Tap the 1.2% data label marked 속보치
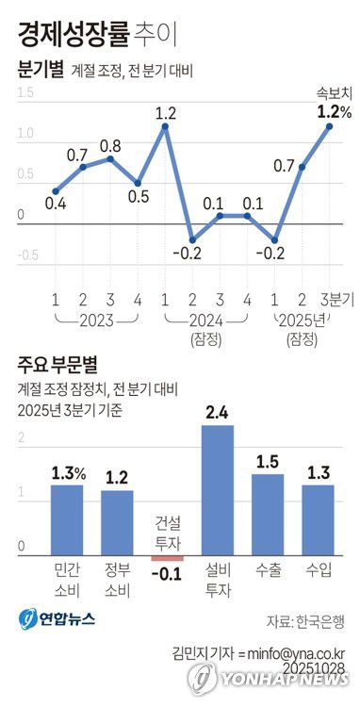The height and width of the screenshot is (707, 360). (335, 112)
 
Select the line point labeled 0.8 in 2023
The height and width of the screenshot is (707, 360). (110, 158)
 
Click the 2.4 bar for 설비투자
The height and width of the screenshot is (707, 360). (218, 490)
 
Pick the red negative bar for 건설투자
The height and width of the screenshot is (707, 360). (167, 558)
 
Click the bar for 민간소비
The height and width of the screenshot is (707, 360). (66, 519)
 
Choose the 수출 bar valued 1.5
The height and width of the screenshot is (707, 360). (268, 515)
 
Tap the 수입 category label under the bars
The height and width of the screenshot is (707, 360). (319, 571)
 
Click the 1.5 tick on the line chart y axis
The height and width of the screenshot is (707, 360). (25, 92)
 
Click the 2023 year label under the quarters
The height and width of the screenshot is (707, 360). (96, 321)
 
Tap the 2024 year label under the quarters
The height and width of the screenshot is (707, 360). (206, 321)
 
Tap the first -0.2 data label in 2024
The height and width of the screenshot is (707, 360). (191, 253)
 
